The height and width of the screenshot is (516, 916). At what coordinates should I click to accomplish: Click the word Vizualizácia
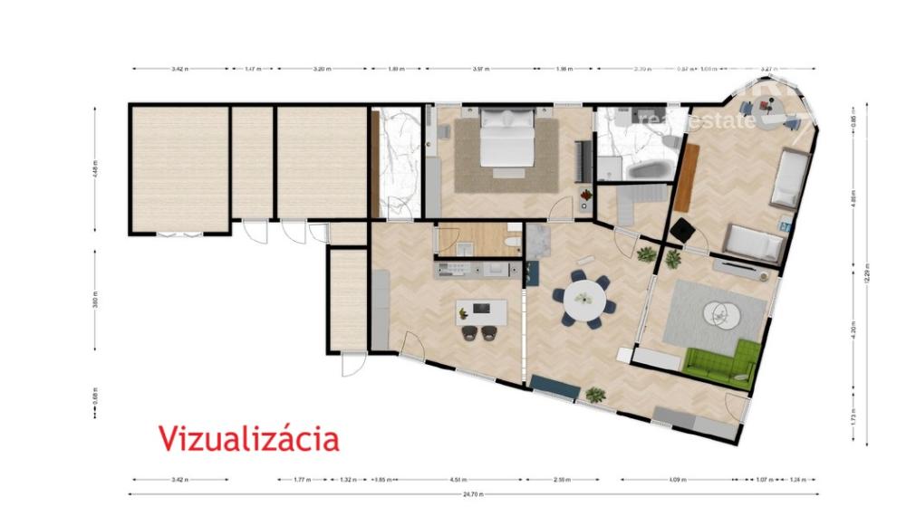[249, 438]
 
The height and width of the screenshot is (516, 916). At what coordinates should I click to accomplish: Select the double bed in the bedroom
[506, 140]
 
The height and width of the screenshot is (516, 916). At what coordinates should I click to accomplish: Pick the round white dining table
[584, 296]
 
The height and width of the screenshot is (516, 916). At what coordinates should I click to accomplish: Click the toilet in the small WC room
[512, 242]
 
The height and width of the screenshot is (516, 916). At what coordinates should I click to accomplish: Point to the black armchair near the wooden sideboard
[681, 232]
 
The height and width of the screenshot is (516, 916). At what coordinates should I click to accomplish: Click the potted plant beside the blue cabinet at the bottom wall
[595, 394]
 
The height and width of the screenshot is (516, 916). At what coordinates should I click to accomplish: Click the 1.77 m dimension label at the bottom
[303, 480]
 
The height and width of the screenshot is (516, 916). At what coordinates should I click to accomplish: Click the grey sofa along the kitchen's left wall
[381, 308]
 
